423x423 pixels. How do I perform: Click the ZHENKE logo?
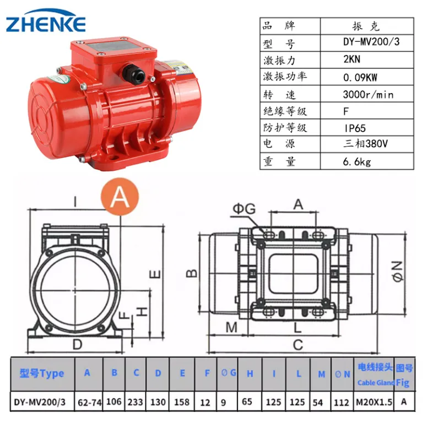click(46, 21)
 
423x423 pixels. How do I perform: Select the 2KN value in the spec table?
click(351, 59)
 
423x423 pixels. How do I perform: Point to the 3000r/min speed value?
click(368, 94)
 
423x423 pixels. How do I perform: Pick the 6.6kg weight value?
click(357, 161)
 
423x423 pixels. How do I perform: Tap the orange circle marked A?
click(120, 197)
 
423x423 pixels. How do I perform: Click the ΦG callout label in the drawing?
click(244, 209)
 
